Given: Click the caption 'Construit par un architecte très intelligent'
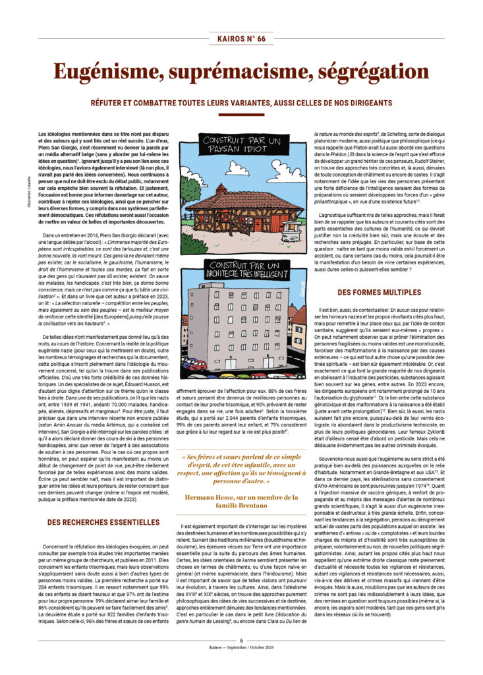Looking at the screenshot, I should click(241, 268).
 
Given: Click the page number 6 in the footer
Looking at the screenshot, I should click(241, 640).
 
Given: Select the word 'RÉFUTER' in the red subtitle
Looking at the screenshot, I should click(109, 102).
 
